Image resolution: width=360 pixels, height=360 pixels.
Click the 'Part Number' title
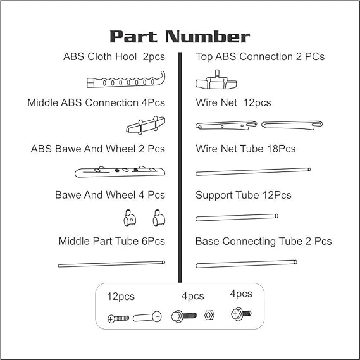coord(180,37)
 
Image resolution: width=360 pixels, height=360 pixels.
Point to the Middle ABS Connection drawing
coord(146,126)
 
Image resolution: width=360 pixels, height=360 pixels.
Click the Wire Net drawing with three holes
coord(226,125)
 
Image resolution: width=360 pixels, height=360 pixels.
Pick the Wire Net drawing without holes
coord(292,125)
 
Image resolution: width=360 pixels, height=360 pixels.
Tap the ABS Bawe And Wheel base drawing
coord(120,172)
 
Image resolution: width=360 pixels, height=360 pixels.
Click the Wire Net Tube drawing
coord(253,171)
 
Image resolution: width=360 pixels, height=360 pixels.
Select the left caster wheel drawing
coord(130,218)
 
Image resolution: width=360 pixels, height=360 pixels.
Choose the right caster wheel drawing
coord(159,218)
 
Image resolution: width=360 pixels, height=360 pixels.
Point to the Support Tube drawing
coord(237,218)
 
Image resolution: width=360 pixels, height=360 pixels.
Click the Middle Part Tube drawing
coord(111,264)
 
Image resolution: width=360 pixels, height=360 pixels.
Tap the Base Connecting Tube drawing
coord(246,264)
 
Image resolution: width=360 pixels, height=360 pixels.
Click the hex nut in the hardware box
coord(209,315)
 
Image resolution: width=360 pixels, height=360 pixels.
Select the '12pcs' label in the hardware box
coord(121,297)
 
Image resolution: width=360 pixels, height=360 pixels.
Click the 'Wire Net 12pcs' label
coord(233,102)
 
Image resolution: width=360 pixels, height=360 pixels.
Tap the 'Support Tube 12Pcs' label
coord(244,195)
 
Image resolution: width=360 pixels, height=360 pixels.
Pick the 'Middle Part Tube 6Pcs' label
coord(112,241)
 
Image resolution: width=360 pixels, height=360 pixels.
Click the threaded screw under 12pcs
coord(118,319)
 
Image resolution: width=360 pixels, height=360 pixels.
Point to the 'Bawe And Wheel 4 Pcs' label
coord(110,195)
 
